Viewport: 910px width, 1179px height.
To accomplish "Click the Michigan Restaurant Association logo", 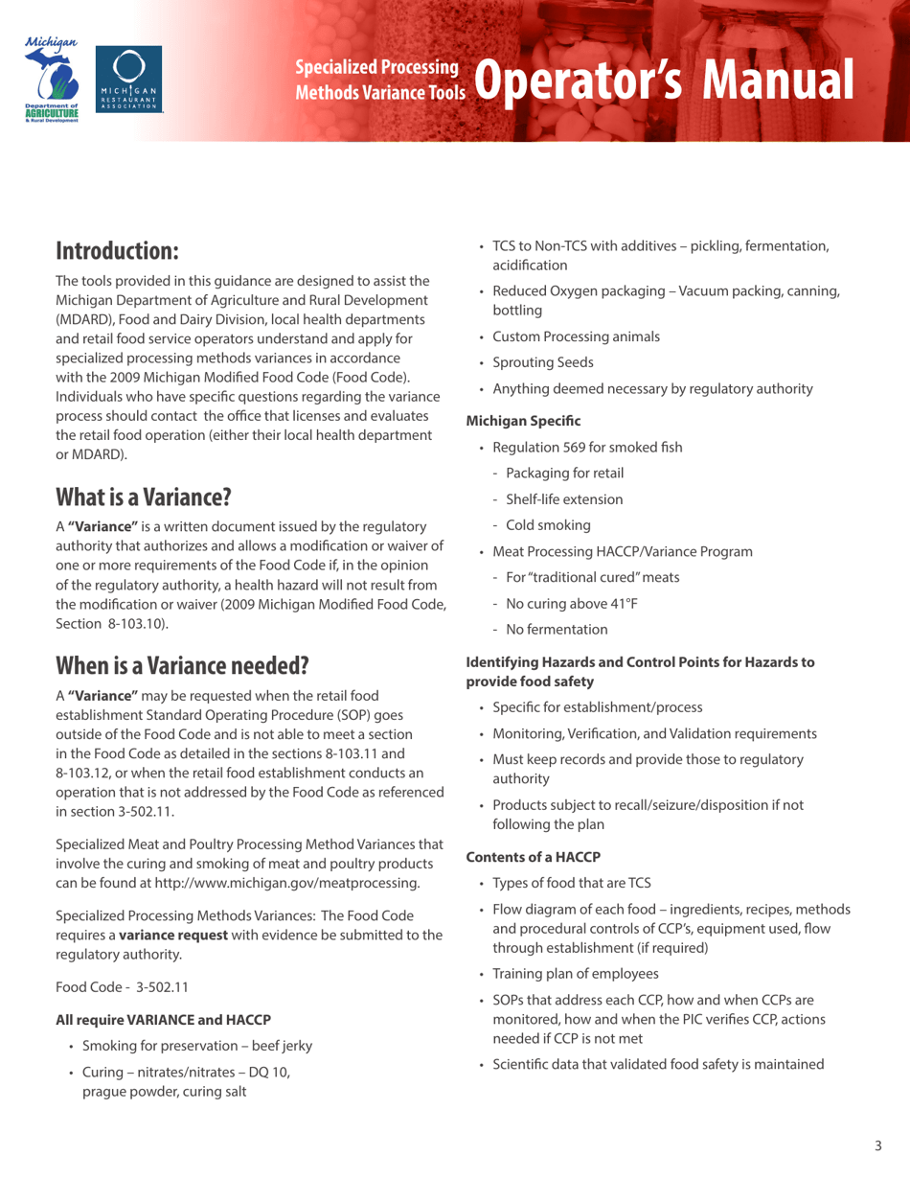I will [131, 81].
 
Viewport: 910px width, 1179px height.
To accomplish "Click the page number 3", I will [877, 1144].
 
